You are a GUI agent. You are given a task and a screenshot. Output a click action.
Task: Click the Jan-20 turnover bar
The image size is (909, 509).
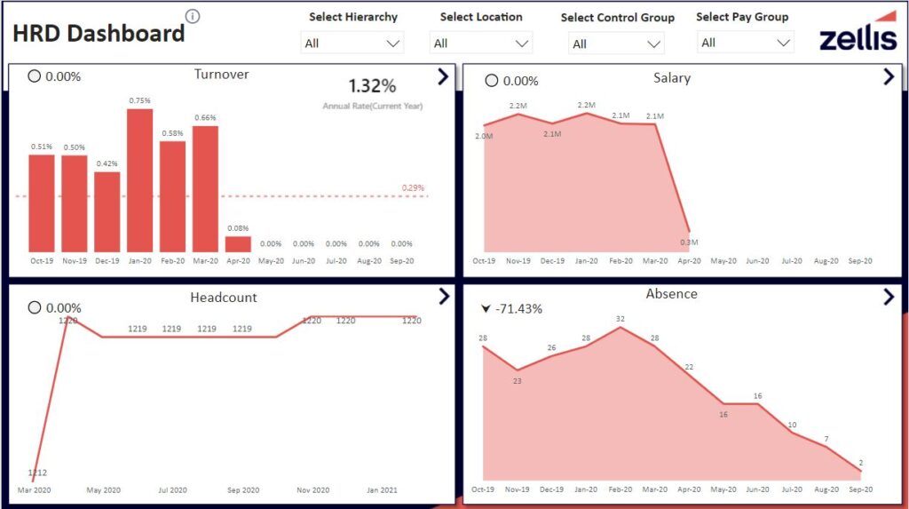tap(139, 179)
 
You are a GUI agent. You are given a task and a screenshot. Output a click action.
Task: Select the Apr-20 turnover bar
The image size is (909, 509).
tap(238, 243)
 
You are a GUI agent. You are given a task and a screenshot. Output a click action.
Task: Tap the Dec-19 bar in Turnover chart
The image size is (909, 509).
tap(107, 211)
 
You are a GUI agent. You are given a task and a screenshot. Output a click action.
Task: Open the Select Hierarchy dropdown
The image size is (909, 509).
tap(352, 43)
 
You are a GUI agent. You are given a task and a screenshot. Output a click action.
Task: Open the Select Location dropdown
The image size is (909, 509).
tap(481, 43)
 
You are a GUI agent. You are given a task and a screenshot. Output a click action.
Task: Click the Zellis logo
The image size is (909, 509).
tap(858, 33)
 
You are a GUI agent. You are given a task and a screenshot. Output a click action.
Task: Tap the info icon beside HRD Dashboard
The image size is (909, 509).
tap(193, 17)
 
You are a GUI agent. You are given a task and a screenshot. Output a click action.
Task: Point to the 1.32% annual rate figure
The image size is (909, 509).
tap(372, 86)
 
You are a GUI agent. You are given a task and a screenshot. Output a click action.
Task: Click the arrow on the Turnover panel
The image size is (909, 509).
tap(444, 77)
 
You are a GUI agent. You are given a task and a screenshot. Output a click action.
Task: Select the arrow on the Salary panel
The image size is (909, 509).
tap(889, 77)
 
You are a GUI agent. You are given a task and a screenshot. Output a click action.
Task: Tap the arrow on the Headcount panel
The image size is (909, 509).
tap(444, 296)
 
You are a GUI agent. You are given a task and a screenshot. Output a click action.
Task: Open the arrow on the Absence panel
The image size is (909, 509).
tap(889, 297)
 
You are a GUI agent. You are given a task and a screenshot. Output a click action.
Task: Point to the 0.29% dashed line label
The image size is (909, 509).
tap(413, 188)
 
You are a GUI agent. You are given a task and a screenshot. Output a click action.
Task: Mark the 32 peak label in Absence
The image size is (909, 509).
tap(620, 319)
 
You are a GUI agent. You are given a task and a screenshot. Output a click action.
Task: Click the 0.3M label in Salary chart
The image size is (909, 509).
tap(689, 243)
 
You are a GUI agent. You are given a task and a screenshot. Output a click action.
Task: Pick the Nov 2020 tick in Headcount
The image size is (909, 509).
tap(312, 490)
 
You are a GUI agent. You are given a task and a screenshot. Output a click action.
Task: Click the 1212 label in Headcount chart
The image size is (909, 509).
tap(37, 473)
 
